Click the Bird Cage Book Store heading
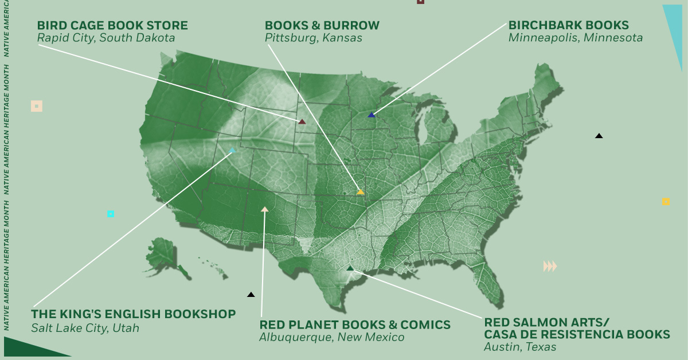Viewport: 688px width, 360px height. (x=112, y=26)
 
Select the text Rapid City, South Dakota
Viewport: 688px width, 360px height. (x=105, y=38)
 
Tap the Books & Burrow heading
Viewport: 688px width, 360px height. (x=322, y=26)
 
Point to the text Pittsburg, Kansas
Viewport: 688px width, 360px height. (x=314, y=38)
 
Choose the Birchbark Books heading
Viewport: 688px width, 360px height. (x=568, y=26)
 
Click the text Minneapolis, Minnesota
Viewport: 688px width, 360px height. (x=575, y=38)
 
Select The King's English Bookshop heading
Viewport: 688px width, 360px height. (x=133, y=314)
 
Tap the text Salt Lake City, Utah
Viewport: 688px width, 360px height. (x=85, y=328)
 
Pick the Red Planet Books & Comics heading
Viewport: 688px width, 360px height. (x=355, y=325)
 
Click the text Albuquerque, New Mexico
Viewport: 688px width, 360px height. (x=331, y=338)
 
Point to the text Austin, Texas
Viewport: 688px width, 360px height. (x=520, y=347)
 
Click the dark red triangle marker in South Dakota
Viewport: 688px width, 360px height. (x=302, y=122)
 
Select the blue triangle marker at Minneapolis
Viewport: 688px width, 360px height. (x=372, y=115)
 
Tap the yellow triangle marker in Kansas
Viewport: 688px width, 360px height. (x=361, y=192)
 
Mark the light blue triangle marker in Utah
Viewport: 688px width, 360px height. (x=232, y=150)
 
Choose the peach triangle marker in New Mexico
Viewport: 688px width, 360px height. (x=264, y=210)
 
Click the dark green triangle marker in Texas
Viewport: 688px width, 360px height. (x=350, y=268)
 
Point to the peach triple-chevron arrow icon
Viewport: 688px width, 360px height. (x=550, y=266)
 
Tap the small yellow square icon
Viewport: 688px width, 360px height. (x=666, y=202)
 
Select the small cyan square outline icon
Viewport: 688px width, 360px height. (x=111, y=214)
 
